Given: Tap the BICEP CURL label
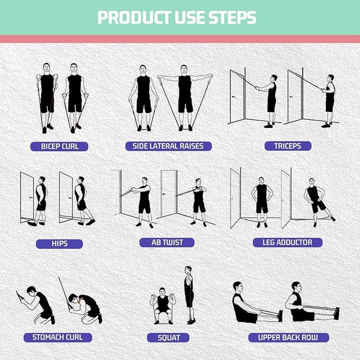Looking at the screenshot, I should [60, 146].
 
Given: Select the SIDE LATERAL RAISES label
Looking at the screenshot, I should [168, 146].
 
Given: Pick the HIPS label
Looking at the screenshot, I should [59, 244].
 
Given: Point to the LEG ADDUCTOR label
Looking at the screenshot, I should [287, 242].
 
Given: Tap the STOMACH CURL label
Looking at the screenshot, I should [58, 337].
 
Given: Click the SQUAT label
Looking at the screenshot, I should [169, 337].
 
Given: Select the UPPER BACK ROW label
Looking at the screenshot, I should [289, 337].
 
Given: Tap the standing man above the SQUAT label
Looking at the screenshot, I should [189, 294].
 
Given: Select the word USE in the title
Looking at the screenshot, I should [188, 18].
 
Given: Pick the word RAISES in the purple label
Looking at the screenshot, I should [192, 146].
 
